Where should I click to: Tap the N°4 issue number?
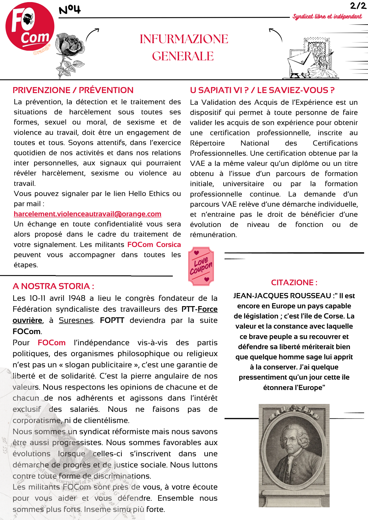click(70, 10)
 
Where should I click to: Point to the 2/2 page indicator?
click(358, 6)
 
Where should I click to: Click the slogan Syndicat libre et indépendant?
click(327, 17)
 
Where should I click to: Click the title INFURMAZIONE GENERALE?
click(184, 47)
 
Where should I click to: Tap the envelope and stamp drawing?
click(311, 59)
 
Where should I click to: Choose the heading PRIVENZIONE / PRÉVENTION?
click(73, 90)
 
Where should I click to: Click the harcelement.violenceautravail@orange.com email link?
click(87, 214)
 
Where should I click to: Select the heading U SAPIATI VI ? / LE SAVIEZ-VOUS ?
click(262, 90)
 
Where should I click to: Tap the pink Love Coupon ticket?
click(201, 266)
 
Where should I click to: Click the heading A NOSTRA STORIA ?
click(53, 286)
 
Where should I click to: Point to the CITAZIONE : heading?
click(294, 283)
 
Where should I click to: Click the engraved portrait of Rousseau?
click(294, 455)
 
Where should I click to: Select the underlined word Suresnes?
click(76, 320)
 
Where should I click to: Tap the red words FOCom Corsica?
click(154, 245)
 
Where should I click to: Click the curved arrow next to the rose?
click(92, 35)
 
